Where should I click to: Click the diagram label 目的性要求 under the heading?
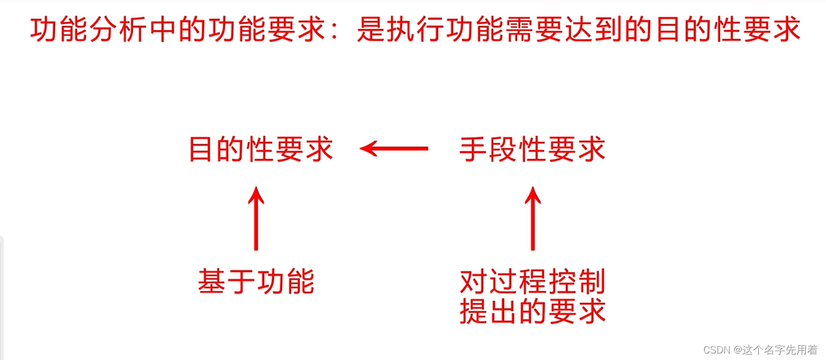261,149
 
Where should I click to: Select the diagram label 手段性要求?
532,149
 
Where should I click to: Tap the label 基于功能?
256,282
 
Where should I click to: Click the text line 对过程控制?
532,282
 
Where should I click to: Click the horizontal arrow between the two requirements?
394,148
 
